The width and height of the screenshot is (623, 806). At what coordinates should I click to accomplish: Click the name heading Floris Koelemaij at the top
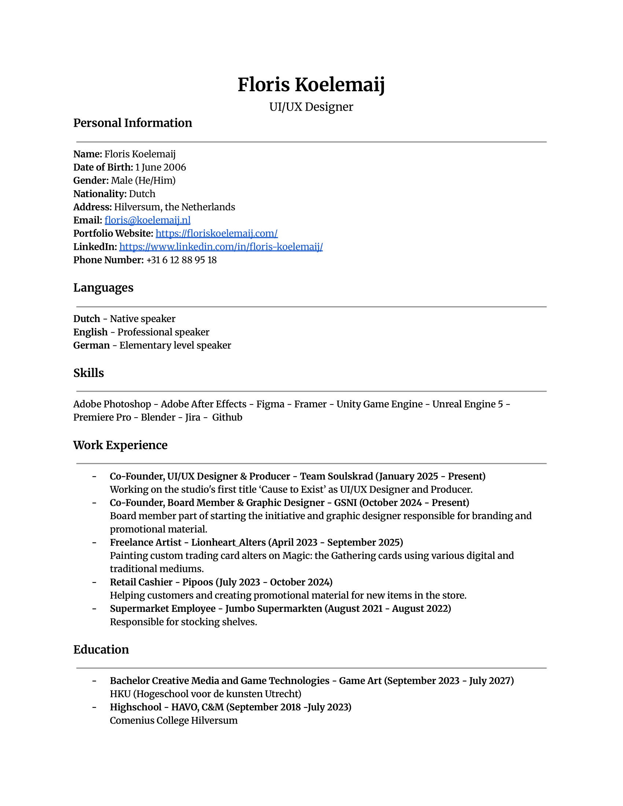(311, 85)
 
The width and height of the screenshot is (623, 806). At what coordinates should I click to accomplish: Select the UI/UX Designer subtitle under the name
(311, 107)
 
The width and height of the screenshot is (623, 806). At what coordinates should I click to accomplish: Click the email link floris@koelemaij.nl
(147, 220)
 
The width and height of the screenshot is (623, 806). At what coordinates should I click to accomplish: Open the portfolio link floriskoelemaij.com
(216, 234)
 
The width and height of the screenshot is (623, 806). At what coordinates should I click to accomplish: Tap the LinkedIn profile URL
(221, 247)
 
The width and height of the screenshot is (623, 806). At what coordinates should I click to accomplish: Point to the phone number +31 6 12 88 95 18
(181, 260)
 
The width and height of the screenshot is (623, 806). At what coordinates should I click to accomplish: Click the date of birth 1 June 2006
(160, 167)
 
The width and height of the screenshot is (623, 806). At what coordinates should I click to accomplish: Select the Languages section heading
(103, 288)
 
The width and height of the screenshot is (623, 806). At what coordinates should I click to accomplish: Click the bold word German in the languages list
(92, 345)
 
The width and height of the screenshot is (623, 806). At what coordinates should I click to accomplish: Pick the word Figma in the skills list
(270, 404)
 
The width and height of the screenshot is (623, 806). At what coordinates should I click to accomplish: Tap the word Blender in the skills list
(158, 417)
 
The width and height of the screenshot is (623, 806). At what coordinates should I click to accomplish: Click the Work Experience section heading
(120, 445)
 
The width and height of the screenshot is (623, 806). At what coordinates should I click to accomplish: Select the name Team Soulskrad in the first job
(336, 476)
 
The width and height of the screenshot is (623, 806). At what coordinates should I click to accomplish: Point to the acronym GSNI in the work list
(346, 503)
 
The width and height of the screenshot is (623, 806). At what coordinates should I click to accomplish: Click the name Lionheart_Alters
(228, 543)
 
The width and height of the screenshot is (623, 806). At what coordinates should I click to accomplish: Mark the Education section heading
(101, 650)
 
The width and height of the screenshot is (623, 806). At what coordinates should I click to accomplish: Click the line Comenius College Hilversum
(173, 721)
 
